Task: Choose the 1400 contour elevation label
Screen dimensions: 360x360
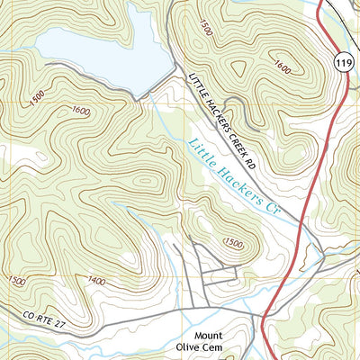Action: tap(95, 282)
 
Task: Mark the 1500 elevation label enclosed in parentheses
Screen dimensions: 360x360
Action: tap(233, 244)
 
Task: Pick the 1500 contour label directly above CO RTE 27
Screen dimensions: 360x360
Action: tap(15, 281)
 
